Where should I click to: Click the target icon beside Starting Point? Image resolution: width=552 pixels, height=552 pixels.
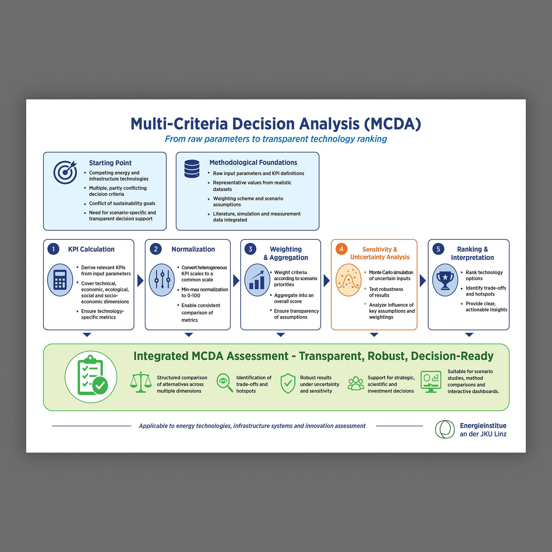pyautogui.click(x=65, y=172)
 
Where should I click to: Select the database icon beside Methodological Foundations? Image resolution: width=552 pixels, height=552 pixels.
pyautogui.click(x=192, y=169)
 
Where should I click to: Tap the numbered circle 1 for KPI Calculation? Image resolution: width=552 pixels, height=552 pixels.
pyautogui.click(x=54, y=249)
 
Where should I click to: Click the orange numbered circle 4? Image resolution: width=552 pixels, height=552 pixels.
pyautogui.click(x=341, y=249)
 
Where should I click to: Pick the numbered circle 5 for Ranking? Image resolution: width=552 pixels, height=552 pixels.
pyautogui.click(x=438, y=249)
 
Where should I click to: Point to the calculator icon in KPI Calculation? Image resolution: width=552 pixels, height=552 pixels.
pyautogui.click(x=60, y=280)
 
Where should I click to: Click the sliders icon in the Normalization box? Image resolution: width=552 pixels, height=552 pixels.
pyautogui.click(x=162, y=280)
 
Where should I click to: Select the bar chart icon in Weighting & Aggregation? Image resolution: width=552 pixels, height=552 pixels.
pyautogui.click(x=257, y=280)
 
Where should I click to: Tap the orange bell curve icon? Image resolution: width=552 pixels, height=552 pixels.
pyautogui.click(x=349, y=280)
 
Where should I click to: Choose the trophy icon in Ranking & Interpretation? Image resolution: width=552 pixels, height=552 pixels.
pyautogui.click(x=445, y=280)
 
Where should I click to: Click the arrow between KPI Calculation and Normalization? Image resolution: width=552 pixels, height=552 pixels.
pyautogui.click(x=140, y=281)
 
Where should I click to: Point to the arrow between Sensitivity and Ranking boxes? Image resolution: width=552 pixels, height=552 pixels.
pyautogui.click(x=423, y=281)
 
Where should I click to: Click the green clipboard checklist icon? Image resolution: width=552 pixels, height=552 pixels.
pyautogui.click(x=91, y=377)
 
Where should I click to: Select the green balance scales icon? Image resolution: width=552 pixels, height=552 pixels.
pyautogui.click(x=141, y=382)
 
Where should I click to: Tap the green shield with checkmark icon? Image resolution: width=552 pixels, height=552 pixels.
pyautogui.click(x=288, y=383)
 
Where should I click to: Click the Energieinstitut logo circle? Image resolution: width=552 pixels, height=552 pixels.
pyautogui.click(x=445, y=429)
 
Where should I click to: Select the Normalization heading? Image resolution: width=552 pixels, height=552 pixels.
pyautogui.click(x=193, y=249)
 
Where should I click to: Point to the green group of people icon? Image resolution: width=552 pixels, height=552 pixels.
pyautogui.click(x=356, y=383)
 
